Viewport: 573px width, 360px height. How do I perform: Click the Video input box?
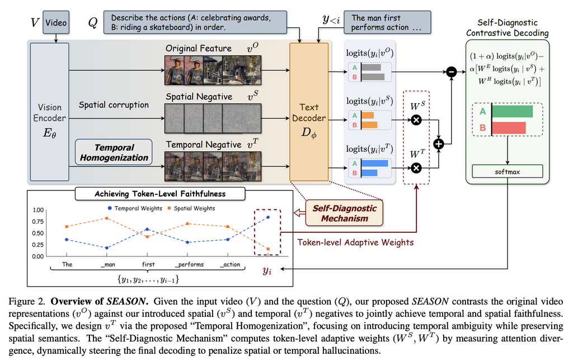[56, 22]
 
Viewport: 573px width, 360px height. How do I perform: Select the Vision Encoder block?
[50, 112]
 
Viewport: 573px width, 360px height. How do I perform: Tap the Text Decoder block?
[309, 112]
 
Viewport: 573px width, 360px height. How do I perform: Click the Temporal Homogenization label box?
[114, 152]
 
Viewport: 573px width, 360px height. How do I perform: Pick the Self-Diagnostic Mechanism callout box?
[344, 213]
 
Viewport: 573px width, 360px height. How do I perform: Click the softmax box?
[507, 171]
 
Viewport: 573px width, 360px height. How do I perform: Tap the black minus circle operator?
[452, 72]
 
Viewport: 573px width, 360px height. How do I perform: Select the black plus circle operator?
[439, 144]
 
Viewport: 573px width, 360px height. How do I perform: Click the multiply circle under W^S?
[416, 120]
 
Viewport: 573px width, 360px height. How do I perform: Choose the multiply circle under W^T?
[416, 168]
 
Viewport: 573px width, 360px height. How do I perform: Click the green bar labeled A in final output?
[513, 111]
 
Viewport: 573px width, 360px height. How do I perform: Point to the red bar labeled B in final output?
[509, 128]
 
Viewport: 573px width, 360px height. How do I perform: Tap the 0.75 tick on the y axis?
[38, 222]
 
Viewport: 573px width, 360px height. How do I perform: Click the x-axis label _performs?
[189, 264]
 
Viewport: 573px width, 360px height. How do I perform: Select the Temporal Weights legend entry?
[135, 208]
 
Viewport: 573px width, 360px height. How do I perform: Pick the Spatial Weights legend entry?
[191, 208]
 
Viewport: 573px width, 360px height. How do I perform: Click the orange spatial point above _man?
[107, 218]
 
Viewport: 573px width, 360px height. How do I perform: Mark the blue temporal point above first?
[147, 229]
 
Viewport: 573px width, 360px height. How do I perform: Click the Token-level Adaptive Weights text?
[355, 242]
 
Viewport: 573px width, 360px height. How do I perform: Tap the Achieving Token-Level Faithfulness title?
[160, 194]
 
